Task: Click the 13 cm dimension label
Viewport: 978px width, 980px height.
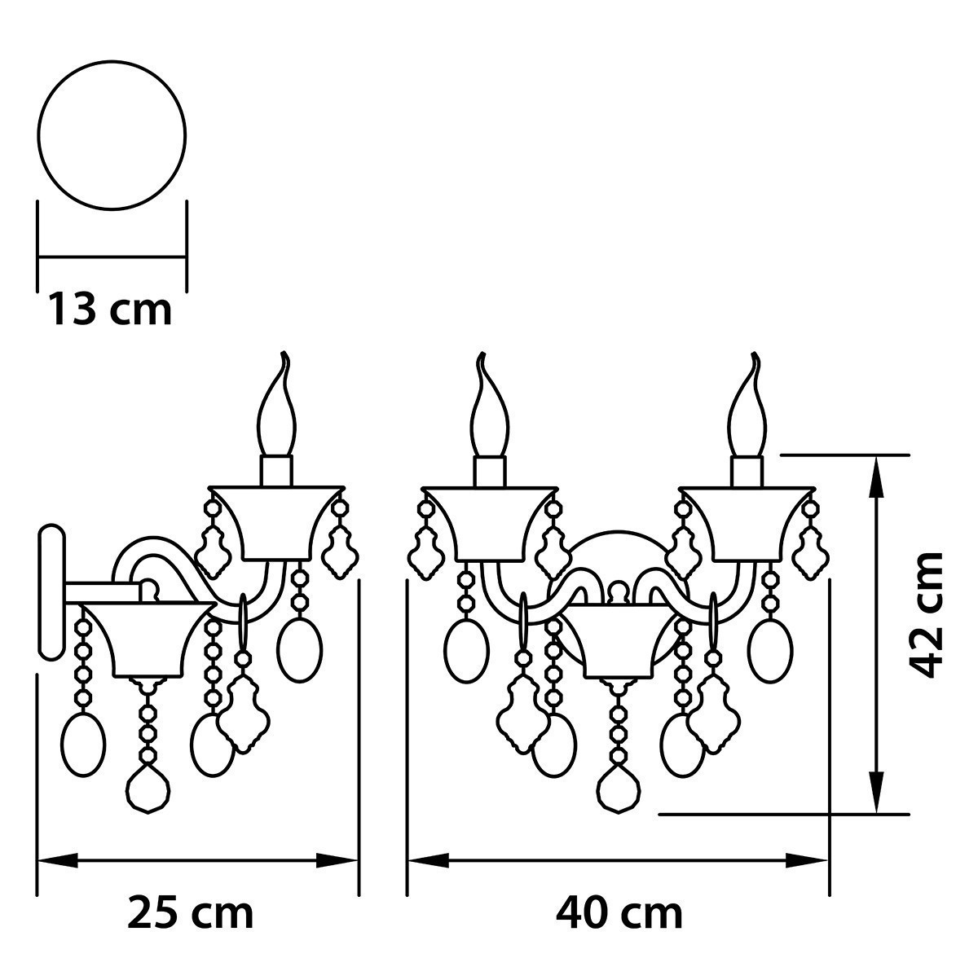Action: pos(109,310)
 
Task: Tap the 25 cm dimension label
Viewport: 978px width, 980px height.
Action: pos(191,913)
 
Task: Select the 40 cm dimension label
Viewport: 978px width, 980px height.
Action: pos(619,913)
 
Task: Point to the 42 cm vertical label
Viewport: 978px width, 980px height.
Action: pos(927,614)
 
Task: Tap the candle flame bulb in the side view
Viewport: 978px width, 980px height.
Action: pos(276,411)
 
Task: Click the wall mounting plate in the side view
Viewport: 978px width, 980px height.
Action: pos(51,591)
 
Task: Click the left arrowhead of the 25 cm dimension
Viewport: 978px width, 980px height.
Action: pos(57,860)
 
